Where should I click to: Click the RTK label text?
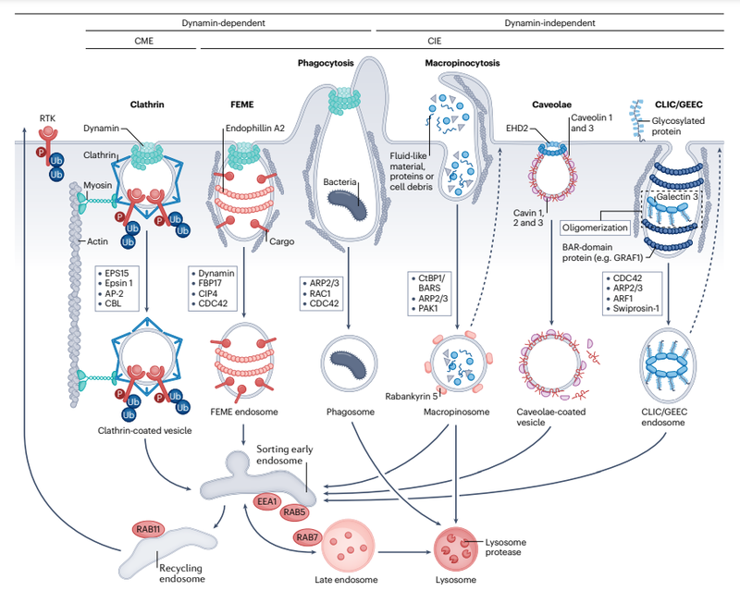coord(47,118)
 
